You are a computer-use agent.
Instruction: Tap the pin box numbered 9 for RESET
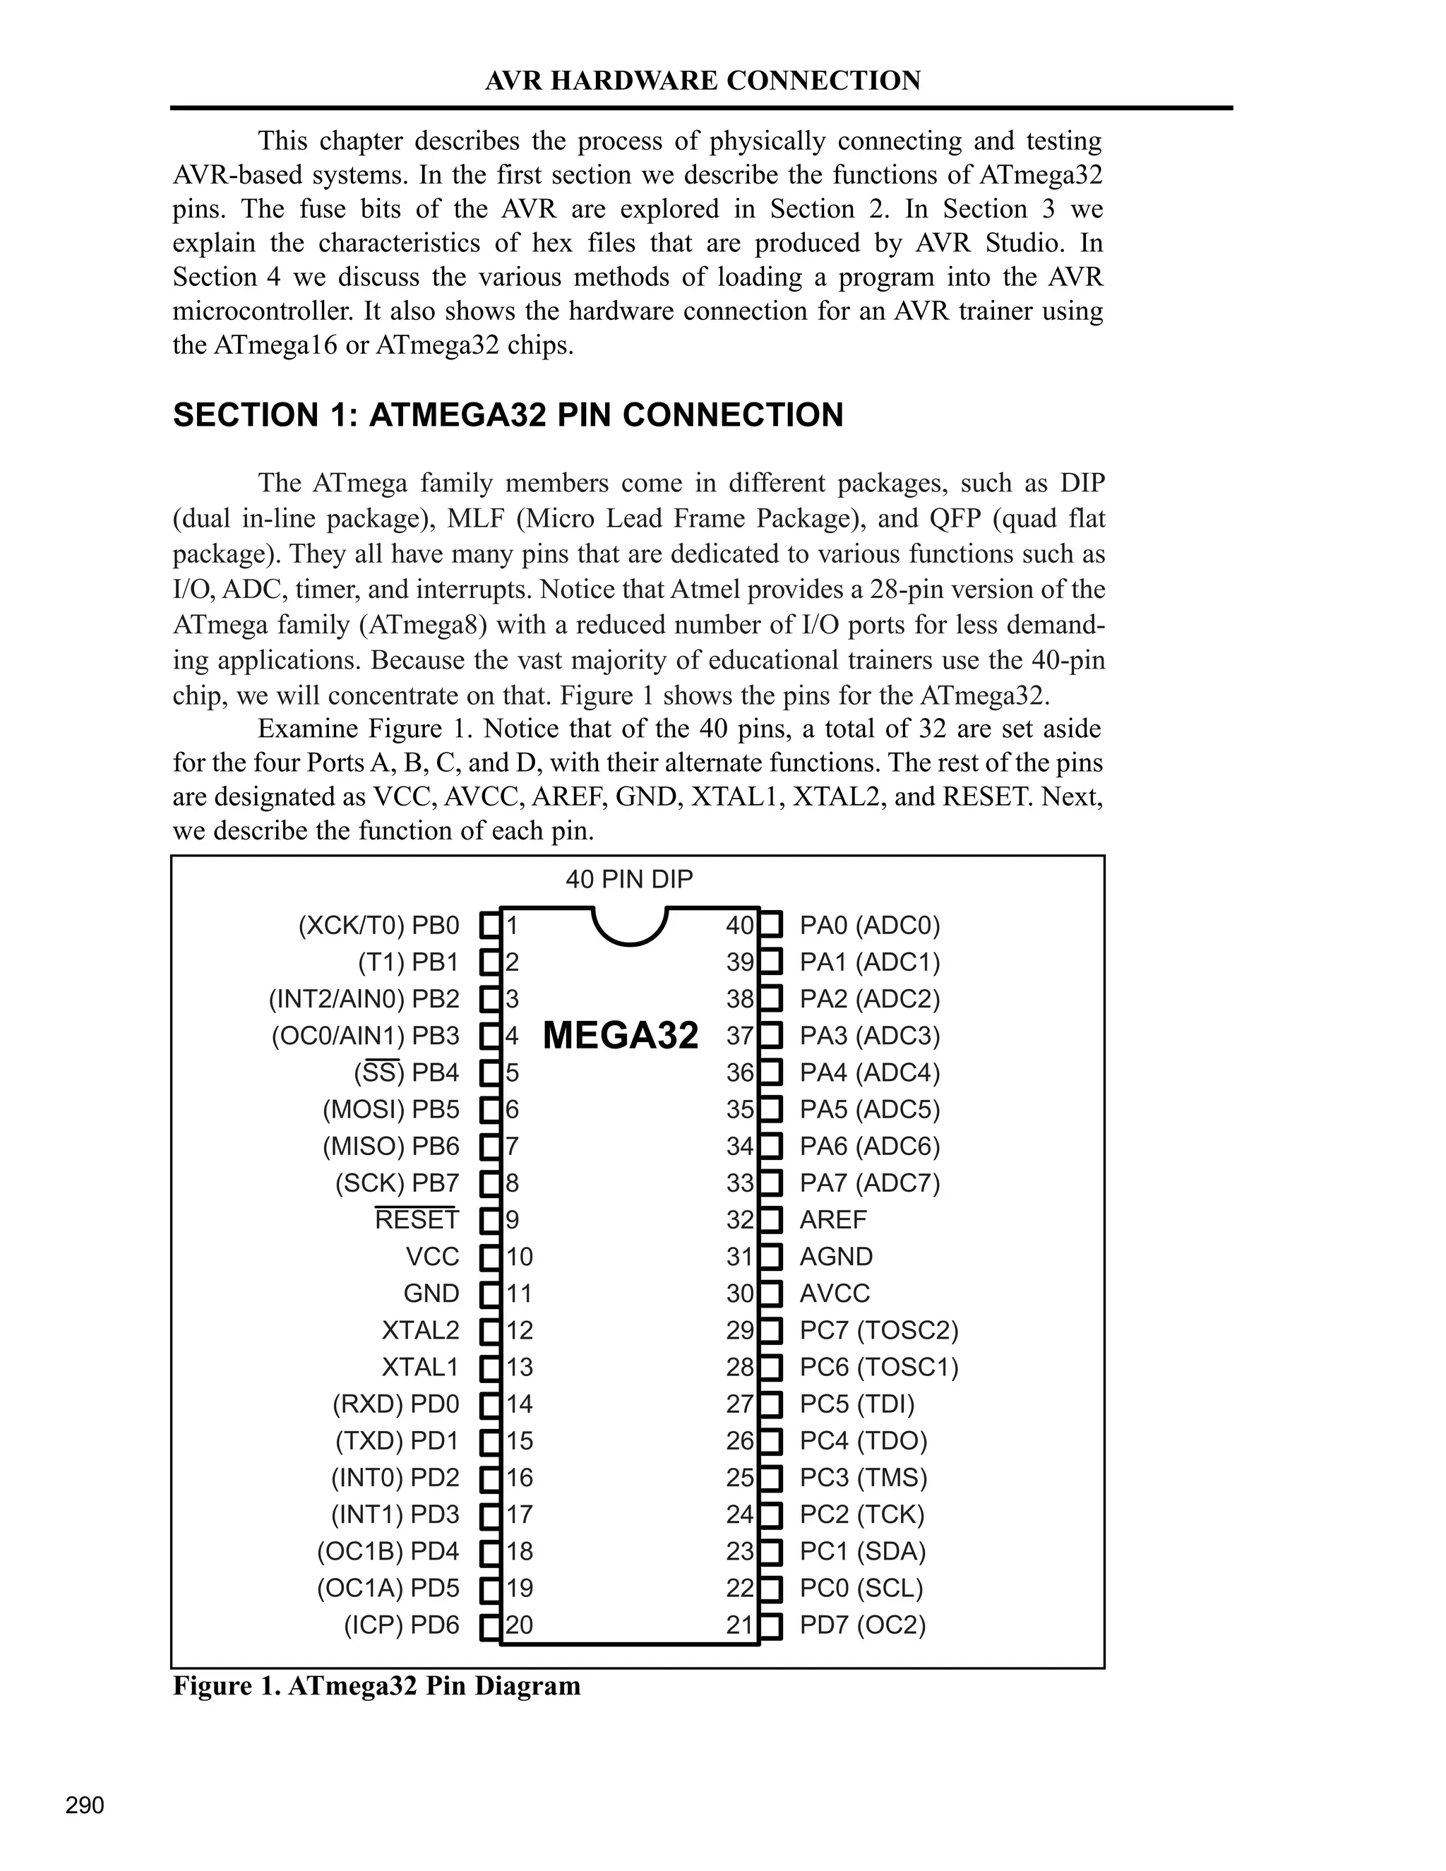(x=490, y=1219)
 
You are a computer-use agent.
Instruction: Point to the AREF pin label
(x=832, y=1219)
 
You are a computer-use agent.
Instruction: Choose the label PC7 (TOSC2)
(x=879, y=1329)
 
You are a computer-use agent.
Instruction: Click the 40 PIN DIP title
(x=629, y=879)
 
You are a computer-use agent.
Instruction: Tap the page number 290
(x=85, y=1805)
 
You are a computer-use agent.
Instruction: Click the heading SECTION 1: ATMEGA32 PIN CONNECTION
(x=508, y=414)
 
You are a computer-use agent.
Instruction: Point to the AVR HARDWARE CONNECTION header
(x=703, y=80)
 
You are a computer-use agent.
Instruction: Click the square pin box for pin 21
(x=771, y=1625)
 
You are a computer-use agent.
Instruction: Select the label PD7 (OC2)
(x=863, y=1625)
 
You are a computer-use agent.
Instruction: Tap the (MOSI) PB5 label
(x=390, y=1109)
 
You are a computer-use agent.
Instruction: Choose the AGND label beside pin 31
(x=836, y=1256)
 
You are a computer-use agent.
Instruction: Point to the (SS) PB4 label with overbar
(x=406, y=1072)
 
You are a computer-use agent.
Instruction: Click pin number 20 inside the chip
(x=519, y=1625)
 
